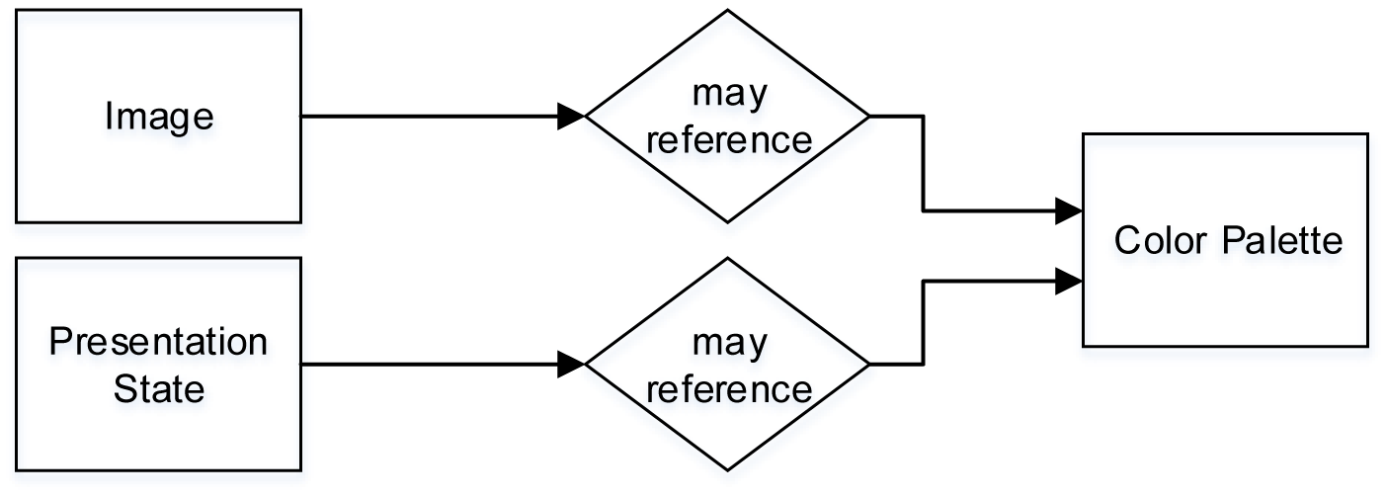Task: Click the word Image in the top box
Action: (x=159, y=117)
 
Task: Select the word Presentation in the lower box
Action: (x=159, y=343)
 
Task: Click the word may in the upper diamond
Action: (x=729, y=94)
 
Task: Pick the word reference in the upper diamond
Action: (x=729, y=139)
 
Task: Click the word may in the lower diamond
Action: (x=729, y=343)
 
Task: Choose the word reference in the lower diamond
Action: (x=729, y=388)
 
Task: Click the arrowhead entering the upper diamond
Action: (x=572, y=117)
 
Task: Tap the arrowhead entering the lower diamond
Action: (x=572, y=365)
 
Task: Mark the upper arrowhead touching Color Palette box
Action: (x=1069, y=210)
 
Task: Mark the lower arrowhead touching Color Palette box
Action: (x=1069, y=282)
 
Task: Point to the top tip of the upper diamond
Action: (x=728, y=11)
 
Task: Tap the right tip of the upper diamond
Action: (x=869, y=117)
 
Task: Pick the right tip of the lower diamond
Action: (x=869, y=365)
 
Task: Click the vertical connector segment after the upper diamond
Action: (x=923, y=163)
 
